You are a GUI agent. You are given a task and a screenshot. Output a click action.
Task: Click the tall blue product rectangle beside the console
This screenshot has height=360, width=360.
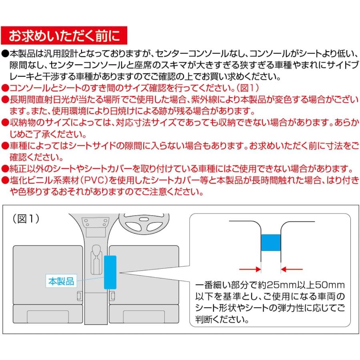[110, 272]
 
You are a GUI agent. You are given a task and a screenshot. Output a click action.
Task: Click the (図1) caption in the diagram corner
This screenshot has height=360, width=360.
[25, 220]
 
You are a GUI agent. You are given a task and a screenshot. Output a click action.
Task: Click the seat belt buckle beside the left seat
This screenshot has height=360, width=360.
[78, 296]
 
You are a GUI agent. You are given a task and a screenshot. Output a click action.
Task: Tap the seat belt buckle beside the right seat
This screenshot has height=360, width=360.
[113, 296]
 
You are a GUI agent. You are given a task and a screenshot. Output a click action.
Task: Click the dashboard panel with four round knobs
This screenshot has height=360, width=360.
[96, 223]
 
